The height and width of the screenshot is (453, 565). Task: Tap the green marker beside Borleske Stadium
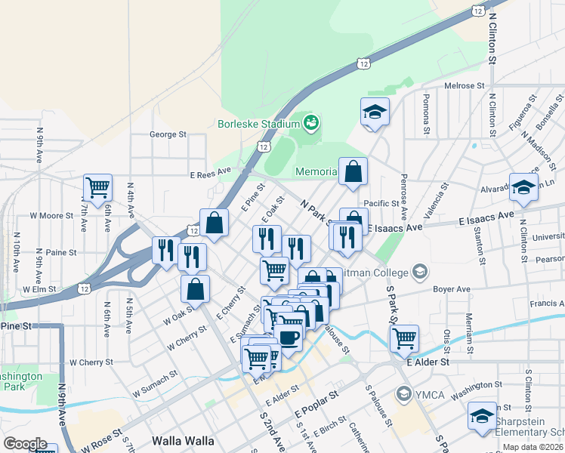tap(311, 122)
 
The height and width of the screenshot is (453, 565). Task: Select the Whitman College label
tap(370, 272)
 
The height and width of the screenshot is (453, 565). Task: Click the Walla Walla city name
tap(183, 440)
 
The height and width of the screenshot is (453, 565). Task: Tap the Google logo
tap(25, 444)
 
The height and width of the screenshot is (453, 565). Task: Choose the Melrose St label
tap(463, 86)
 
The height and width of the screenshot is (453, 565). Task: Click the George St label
tap(168, 134)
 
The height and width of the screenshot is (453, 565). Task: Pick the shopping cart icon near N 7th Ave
tap(97, 186)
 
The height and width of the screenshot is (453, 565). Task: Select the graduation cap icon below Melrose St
tap(375, 112)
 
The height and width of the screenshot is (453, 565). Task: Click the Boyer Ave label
tap(452, 289)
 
